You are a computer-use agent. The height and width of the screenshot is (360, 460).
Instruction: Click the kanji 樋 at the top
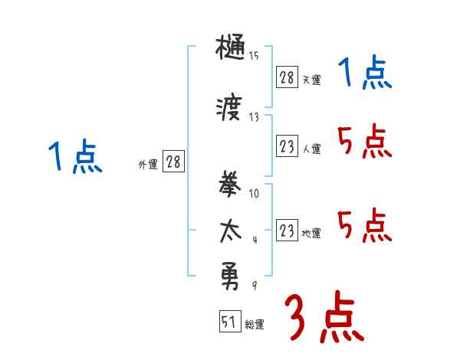[x=231, y=51]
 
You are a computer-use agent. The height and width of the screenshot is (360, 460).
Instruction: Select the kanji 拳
[x=231, y=185]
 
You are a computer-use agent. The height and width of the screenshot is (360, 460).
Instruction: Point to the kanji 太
[x=231, y=230]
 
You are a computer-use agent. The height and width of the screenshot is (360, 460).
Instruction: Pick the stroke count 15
[x=254, y=55]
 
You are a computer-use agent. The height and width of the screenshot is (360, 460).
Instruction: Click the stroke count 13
[x=254, y=116]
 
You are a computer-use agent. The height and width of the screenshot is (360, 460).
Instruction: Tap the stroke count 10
[x=254, y=192]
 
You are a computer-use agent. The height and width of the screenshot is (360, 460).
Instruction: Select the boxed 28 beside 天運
[x=287, y=77]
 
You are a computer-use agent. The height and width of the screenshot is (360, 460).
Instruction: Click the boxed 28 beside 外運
[x=173, y=162]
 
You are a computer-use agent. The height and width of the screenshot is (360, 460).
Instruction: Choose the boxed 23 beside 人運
[x=287, y=146]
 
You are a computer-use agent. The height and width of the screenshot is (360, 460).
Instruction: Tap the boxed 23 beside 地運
[x=287, y=231]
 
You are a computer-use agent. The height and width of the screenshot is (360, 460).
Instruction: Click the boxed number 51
[x=228, y=322]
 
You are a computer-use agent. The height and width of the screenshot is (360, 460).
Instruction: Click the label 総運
[x=255, y=325]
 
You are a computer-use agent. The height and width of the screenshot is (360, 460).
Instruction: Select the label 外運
[x=147, y=163]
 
